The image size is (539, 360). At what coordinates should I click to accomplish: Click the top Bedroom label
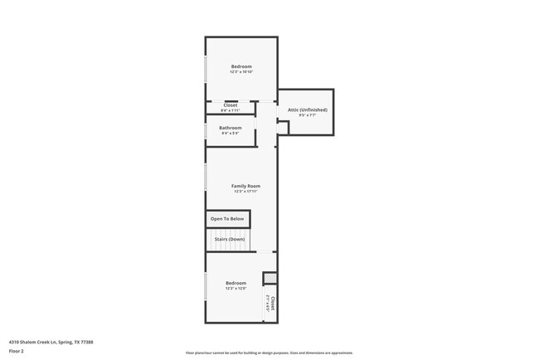[241, 66]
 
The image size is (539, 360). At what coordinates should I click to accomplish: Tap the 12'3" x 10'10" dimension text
[241, 72]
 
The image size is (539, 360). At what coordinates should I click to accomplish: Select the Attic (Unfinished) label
[307, 109]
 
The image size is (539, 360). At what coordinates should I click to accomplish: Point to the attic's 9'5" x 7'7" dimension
[307, 115]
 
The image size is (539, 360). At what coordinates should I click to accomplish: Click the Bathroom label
[231, 128]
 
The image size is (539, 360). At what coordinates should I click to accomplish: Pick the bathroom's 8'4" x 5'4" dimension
[231, 134]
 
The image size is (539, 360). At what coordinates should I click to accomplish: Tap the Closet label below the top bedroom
[230, 105]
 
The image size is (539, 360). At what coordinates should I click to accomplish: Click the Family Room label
[245, 186]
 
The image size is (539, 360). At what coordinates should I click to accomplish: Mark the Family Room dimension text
[245, 192]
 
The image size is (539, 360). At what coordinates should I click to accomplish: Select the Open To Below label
[227, 219]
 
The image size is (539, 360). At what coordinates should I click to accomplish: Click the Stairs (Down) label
[230, 239]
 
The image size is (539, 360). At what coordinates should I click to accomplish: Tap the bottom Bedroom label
[236, 283]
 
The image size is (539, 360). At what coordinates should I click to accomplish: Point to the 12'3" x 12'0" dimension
[236, 289]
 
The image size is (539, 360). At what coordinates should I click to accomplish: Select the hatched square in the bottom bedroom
[269, 278]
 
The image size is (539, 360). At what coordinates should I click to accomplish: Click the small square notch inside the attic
[282, 127]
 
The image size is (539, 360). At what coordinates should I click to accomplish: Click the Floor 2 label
[17, 351]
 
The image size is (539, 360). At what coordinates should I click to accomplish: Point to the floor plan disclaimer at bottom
[269, 353]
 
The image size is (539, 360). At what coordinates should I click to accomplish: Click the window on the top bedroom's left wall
[206, 69]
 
